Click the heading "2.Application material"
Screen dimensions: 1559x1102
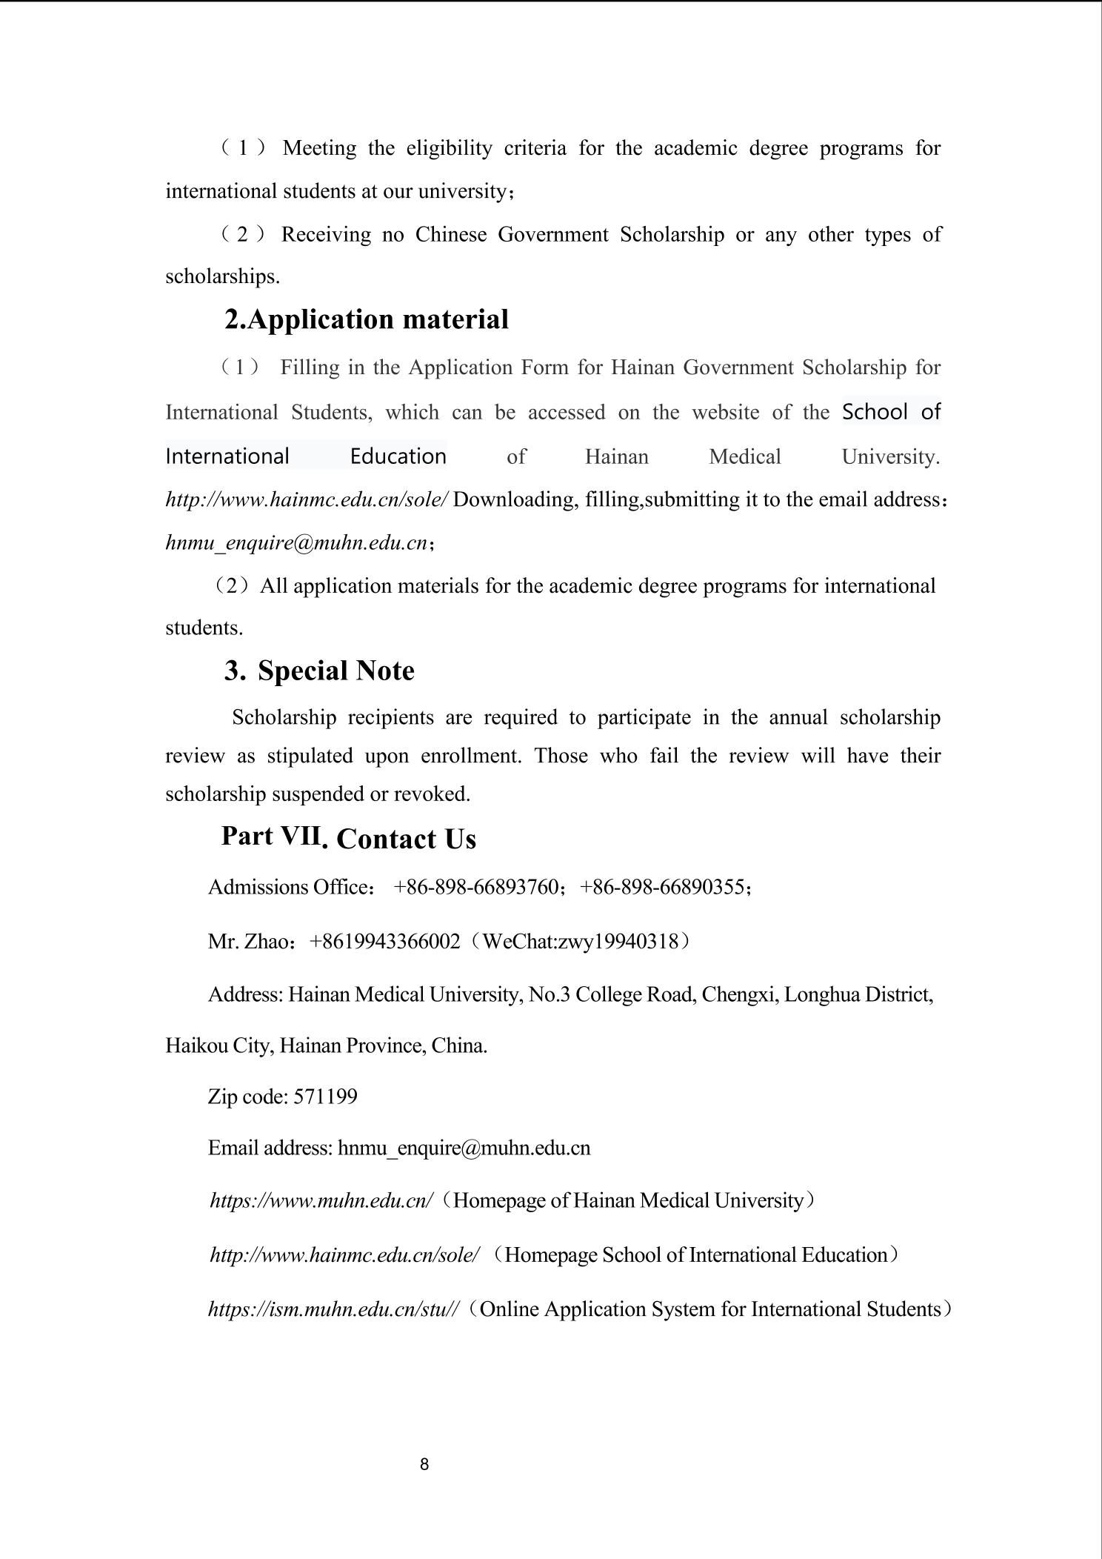click(x=367, y=319)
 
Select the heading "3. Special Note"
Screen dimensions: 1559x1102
click(x=319, y=671)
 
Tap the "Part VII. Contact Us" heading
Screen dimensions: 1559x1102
click(x=348, y=838)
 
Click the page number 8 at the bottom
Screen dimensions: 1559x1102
click(x=424, y=1464)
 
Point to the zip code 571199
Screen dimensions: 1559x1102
click(x=325, y=1097)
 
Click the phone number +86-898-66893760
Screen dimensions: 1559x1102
click(x=475, y=887)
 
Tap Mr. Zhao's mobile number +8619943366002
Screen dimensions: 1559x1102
click(x=384, y=942)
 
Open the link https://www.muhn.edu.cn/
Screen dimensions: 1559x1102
click(x=321, y=1200)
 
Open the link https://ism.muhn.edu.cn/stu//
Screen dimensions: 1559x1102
click(x=334, y=1309)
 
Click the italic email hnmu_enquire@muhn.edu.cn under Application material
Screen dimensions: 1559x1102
click(x=296, y=543)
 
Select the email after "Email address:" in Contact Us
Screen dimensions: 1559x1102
click(x=464, y=1149)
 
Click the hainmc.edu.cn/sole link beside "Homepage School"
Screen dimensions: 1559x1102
click(x=344, y=1255)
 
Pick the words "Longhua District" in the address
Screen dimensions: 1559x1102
click(x=858, y=994)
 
